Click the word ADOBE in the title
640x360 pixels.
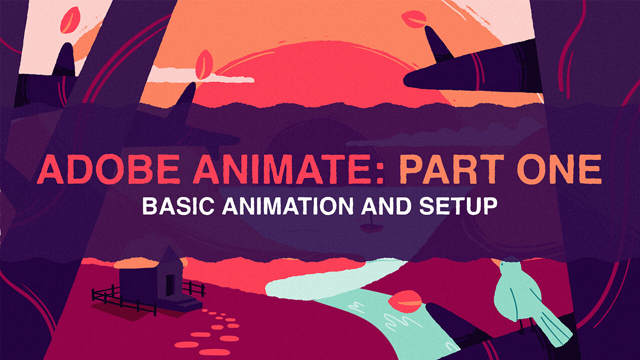(x=108, y=169)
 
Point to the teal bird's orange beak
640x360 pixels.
(x=495, y=262)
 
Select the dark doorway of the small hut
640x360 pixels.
(x=169, y=285)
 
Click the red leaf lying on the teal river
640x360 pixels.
(x=405, y=301)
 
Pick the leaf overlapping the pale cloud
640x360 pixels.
(x=204, y=64)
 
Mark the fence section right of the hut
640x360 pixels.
(x=194, y=288)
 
